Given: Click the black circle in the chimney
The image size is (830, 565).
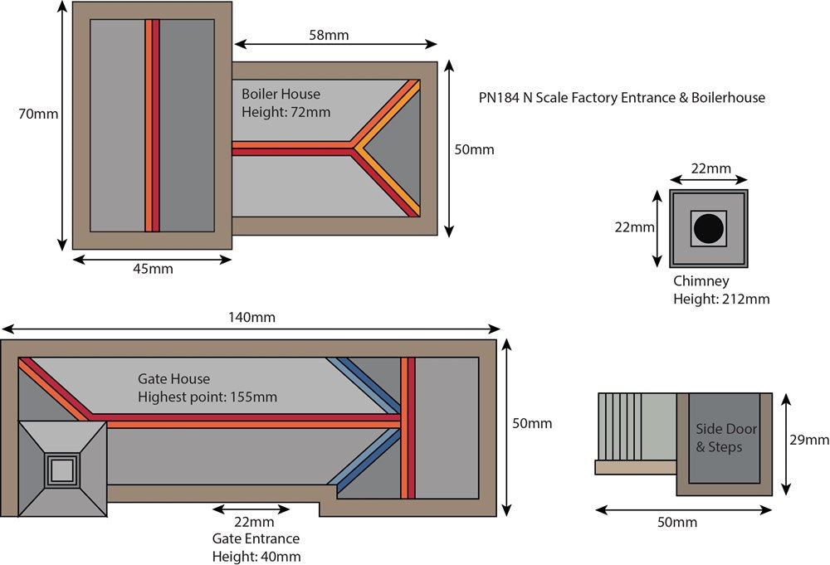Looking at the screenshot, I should (709, 228).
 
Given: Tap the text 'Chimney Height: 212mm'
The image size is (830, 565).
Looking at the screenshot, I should (720, 290).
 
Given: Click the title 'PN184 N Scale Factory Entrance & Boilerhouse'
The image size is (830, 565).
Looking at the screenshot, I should (622, 98).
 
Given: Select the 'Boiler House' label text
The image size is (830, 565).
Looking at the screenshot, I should (281, 95).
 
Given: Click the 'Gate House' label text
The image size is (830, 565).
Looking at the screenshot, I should (173, 379).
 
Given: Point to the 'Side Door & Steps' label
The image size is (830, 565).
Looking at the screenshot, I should (720, 438).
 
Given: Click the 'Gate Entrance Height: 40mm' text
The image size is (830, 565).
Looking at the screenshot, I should (256, 539).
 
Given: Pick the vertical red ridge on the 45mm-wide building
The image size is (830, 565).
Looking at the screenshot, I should (152, 125).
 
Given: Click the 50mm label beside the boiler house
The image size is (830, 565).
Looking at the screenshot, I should (475, 149).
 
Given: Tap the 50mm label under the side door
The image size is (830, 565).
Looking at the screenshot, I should (678, 523).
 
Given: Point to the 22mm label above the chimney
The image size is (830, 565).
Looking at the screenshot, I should (711, 168).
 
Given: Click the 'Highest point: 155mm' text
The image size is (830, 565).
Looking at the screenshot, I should (207, 397).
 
